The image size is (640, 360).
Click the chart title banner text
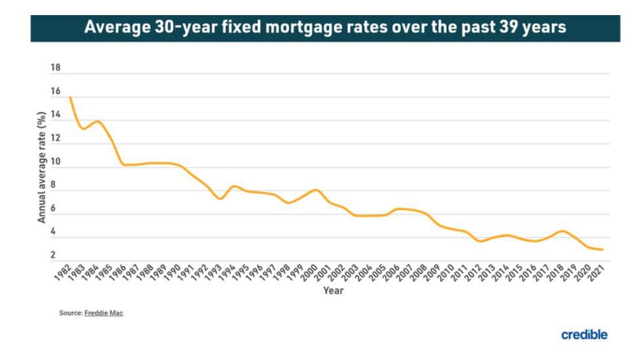point(325,28)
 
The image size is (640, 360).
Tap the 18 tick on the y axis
point(56,68)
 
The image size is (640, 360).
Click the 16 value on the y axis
point(56,91)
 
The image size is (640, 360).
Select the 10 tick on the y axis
point(56,162)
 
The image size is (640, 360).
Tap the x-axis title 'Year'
point(334,291)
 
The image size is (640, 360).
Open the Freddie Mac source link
point(104,313)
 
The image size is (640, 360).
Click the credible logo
point(584,335)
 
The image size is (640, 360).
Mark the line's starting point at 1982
point(71,98)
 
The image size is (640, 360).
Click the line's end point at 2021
point(602,249)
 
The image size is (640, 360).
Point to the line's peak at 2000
point(316,190)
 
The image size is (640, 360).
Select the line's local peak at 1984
point(98,122)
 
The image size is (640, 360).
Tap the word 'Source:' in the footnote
point(71,313)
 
